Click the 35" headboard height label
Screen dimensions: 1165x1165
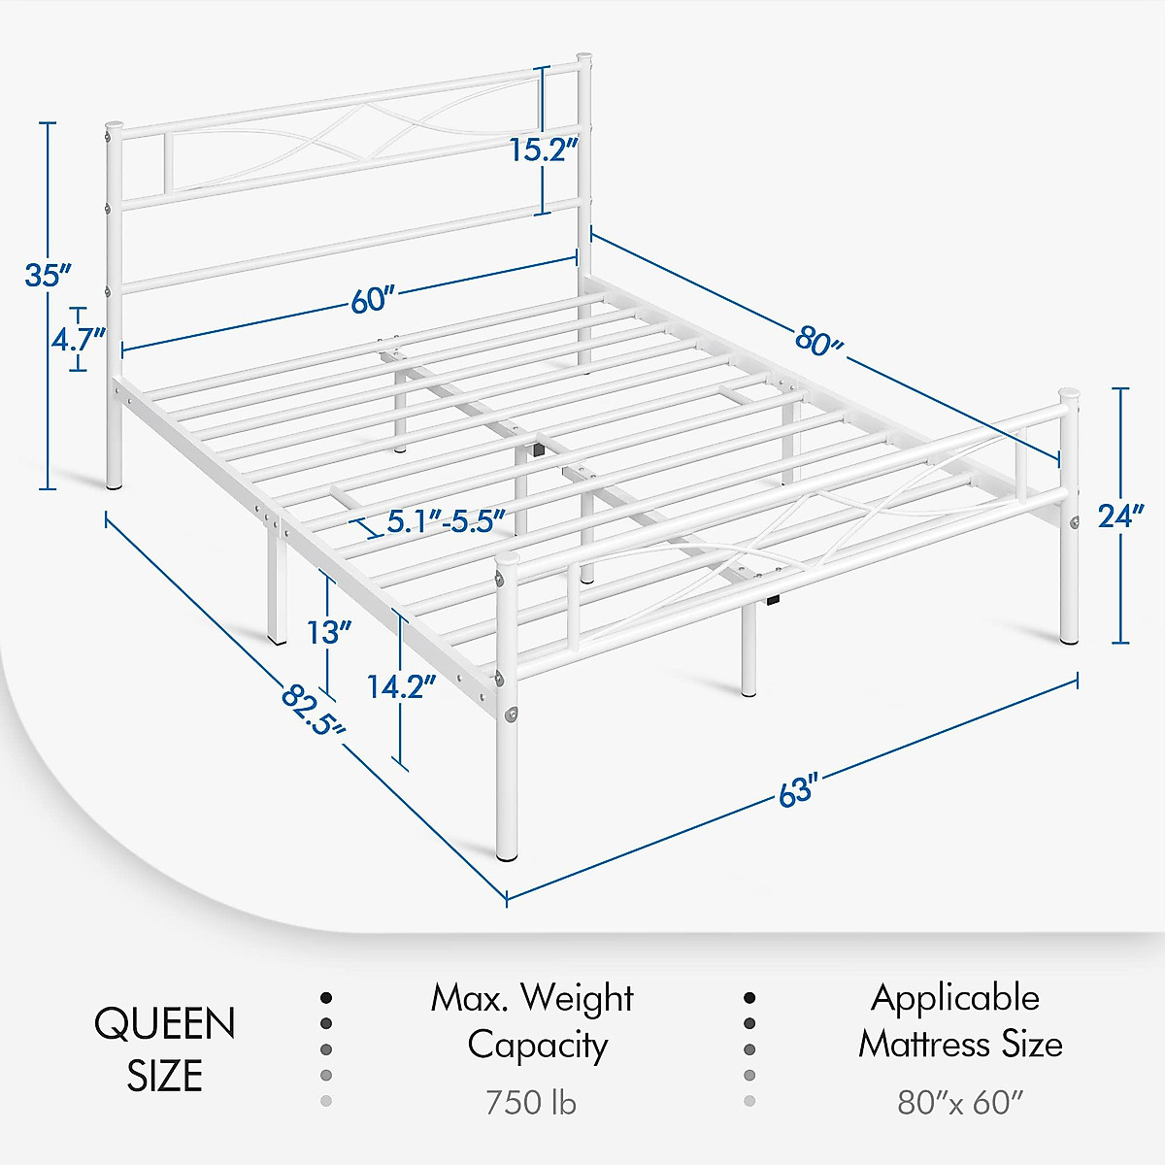pyautogui.click(x=48, y=275)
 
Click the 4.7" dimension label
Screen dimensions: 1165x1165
pyautogui.click(x=78, y=340)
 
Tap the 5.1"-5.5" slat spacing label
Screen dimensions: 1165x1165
pyautogui.click(x=446, y=521)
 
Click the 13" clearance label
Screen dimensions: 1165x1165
pyautogui.click(x=329, y=633)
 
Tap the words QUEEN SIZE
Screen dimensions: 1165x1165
pyautogui.click(x=164, y=1049)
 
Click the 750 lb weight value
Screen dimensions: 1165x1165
pyautogui.click(x=531, y=1103)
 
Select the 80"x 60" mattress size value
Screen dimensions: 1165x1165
pyautogui.click(x=959, y=1103)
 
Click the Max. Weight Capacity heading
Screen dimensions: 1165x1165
pyautogui.click(x=532, y=1021)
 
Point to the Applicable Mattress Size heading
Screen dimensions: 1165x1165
pyautogui.click(x=959, y=1021)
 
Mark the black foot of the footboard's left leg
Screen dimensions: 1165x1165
pyautogui.click(x=507, y=857)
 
